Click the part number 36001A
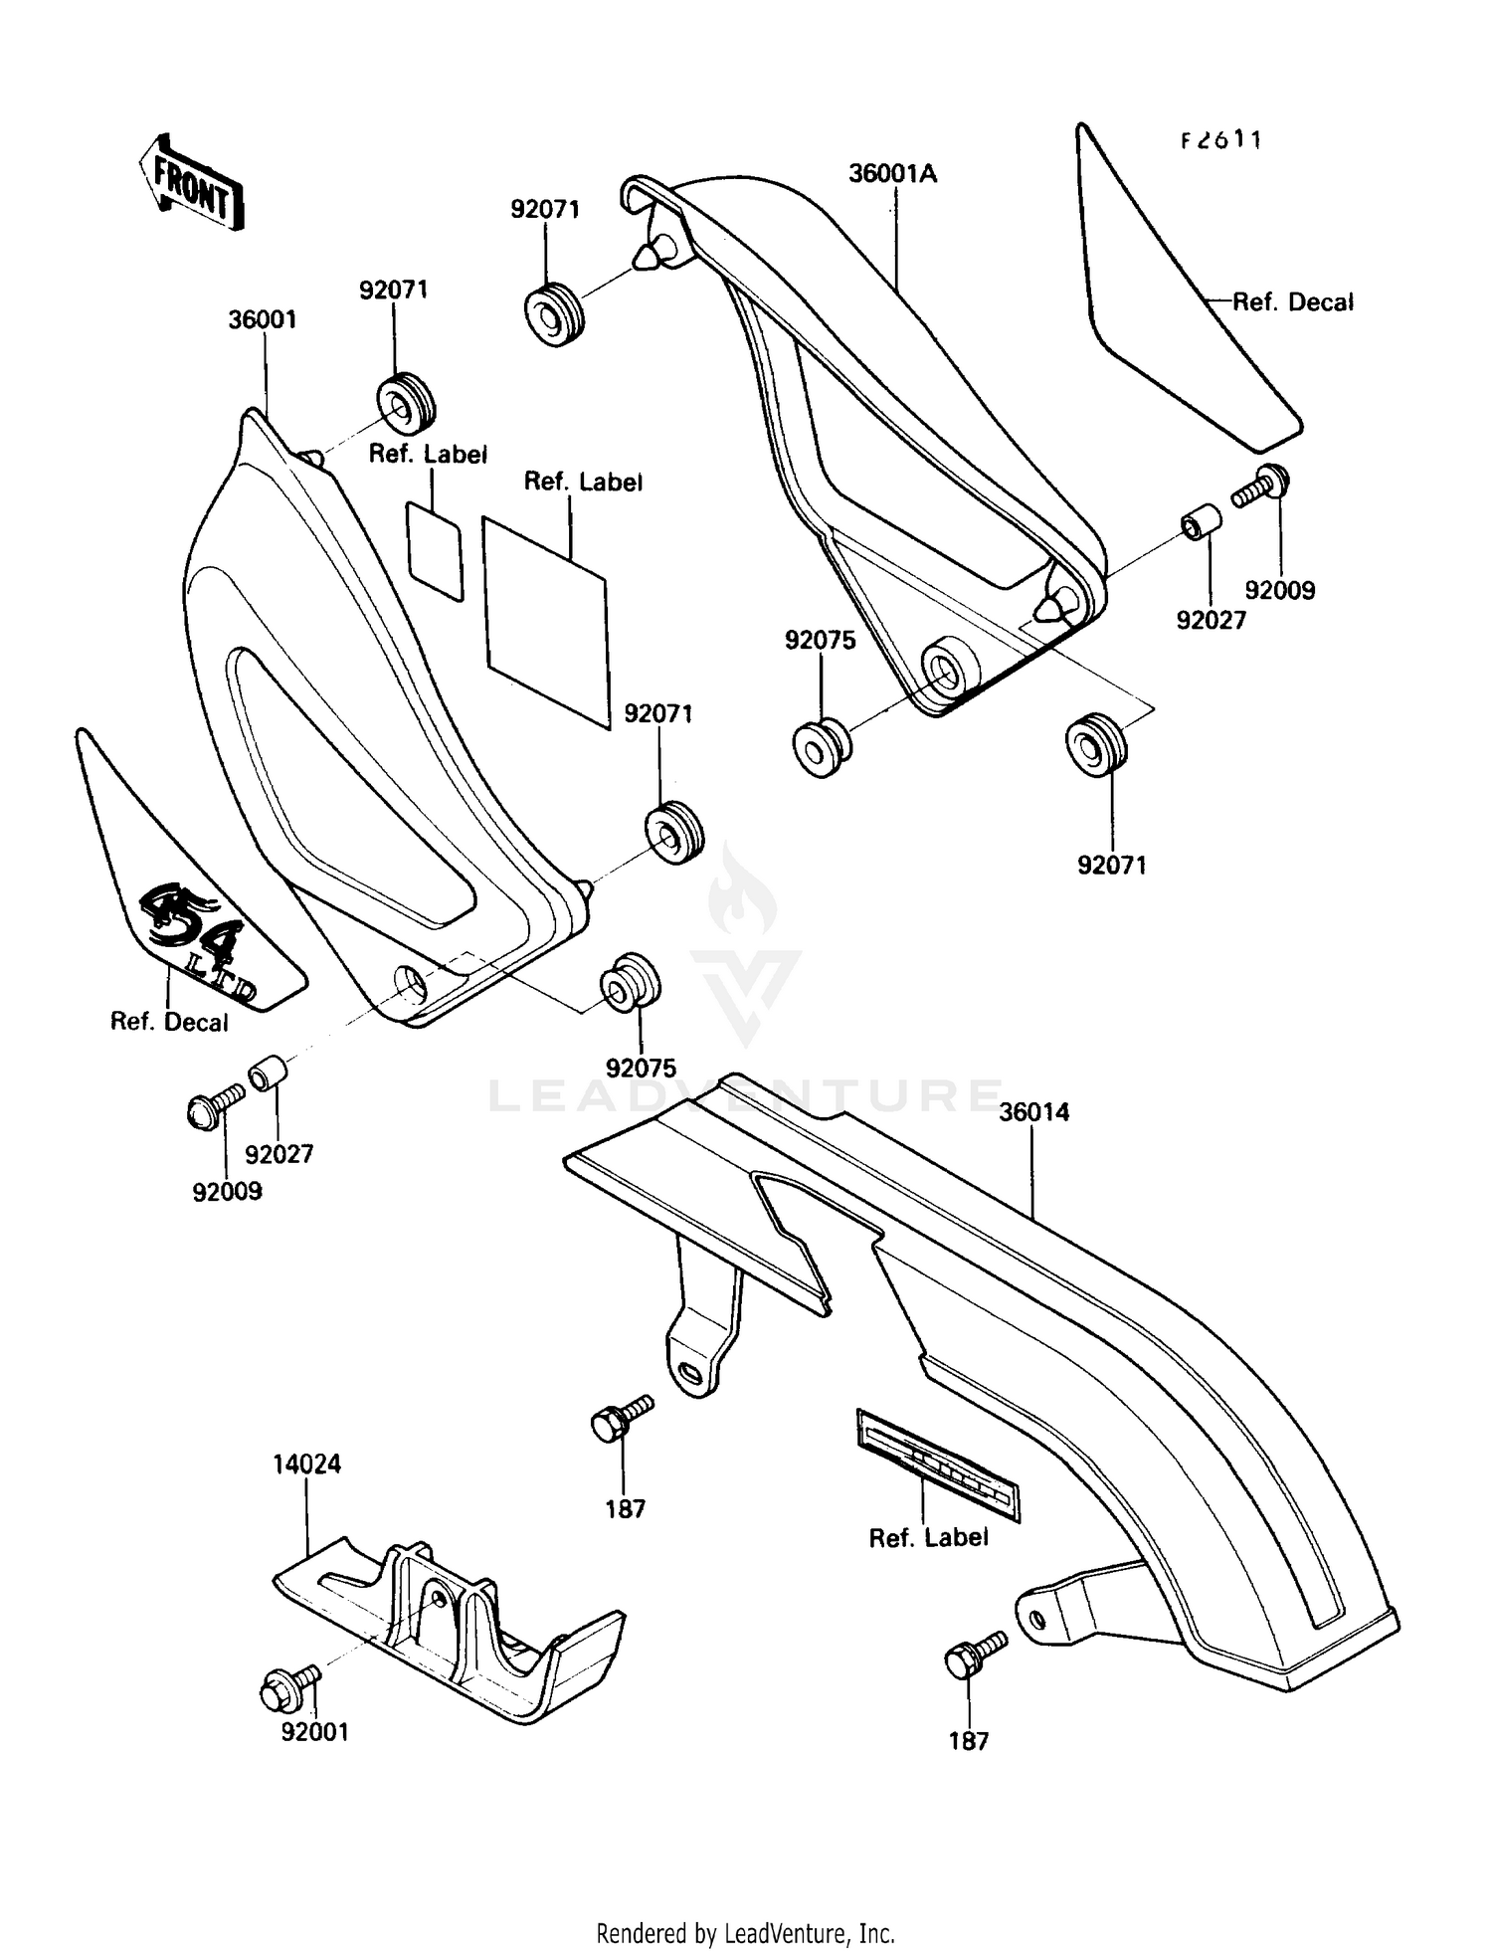click(892, 174)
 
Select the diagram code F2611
click(1220, 141)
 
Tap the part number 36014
click(1033, 1112)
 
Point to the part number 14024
click(307, 1464)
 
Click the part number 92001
click(314, 1732)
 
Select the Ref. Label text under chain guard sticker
click(928, 1538)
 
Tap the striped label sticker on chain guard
click(936, 1464)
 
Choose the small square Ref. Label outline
click(435, 549)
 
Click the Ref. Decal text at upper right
click(1292, 302)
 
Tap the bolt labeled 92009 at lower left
click(212, 1107)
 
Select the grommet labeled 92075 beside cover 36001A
click(821, 747)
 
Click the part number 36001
click(263, 320)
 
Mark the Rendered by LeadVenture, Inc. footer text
click(745, 1933)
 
